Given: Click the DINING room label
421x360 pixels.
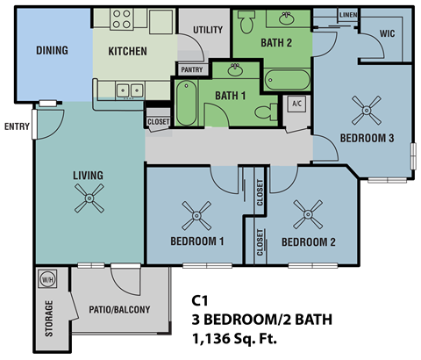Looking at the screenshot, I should point(52,50).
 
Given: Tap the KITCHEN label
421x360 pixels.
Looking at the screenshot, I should point(127,51).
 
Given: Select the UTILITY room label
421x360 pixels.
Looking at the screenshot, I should point(207,30).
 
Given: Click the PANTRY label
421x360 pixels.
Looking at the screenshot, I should point(191,69).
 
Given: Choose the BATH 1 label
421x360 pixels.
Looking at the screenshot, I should point(229,95).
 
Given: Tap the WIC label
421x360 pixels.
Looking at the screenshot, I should point(387,34).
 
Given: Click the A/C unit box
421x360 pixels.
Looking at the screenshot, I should point(296,103).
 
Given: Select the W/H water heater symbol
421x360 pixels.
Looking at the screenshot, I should point(46,280).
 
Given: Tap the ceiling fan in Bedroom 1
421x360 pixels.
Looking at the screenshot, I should point(196,212).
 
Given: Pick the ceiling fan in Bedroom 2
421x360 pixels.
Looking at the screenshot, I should point(309,212).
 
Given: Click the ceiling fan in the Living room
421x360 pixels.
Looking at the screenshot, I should point(88,203).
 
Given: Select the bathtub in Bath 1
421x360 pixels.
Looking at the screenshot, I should point(186,103).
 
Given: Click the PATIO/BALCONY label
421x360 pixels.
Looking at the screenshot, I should point(119,310).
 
